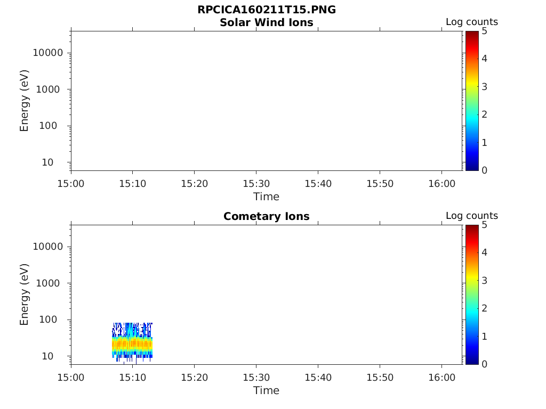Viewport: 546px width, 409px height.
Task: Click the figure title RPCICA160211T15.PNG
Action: [x=267, y=10]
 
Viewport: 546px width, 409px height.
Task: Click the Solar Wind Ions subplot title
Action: [x=267, y=22]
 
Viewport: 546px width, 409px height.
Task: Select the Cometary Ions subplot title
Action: [x=267, y=216]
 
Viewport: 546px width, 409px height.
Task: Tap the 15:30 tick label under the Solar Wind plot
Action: [x=256, y=184]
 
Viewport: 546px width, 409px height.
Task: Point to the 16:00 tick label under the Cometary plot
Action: [x=442, y=378]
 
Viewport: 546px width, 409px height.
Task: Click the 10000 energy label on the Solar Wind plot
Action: [x=48, y=53]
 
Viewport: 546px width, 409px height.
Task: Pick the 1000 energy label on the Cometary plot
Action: [x=48, y=283]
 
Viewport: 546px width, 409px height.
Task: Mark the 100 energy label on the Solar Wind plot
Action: [x=48, y=126]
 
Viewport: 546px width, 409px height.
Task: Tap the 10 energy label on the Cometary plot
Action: [x=47, y=356]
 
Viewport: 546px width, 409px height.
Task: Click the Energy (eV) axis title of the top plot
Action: [x=24, y=101]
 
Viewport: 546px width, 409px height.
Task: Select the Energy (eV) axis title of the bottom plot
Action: [x=24, y=295]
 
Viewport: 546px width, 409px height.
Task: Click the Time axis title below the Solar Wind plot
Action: [x=267, y=197]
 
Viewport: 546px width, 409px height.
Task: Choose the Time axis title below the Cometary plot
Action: [x=267, y=390]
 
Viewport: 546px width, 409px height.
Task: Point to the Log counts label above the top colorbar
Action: [x=472, y=22]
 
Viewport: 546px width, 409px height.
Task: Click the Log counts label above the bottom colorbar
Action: [x=472, y=216]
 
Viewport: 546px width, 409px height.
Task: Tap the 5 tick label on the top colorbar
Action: [x=484, y=31]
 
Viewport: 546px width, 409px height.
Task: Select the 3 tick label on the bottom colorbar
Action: [x=484, y=281]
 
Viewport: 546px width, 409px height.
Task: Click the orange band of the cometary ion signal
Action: [x=132, y=345]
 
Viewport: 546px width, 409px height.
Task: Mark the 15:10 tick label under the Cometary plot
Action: [x=133, y=378]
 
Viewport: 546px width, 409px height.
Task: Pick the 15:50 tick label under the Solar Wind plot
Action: [x=380, y=184]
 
